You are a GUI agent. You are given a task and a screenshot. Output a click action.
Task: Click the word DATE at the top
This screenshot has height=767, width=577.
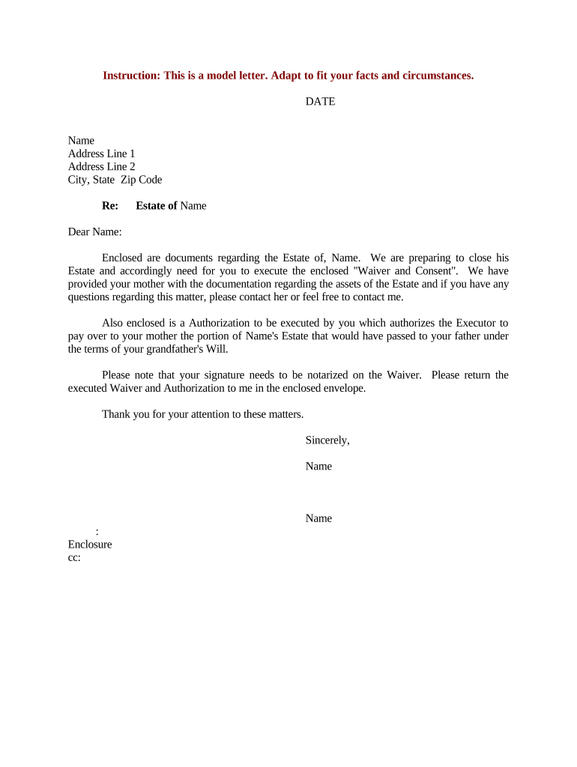click(x=320, y=102)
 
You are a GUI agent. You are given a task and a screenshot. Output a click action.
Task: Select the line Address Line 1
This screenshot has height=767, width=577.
click(x=101, y=154)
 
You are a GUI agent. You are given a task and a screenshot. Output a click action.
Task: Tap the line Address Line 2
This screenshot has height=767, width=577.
click(x=101, y=166)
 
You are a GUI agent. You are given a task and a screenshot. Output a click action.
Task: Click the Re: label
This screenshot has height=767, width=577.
click(x=110, y=206)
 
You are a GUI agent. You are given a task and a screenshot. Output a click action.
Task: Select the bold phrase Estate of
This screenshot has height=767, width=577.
click(x=156, y=206)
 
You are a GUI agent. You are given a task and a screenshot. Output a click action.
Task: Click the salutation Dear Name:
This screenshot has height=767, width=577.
click(x=94, y=232)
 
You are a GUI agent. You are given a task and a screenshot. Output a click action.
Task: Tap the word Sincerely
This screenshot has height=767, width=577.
click(x=327, y=440)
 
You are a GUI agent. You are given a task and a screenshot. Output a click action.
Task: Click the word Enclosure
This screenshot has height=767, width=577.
click(x=90, y=545)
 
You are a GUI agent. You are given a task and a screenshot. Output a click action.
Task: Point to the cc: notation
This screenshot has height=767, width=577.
click(x=74, y=557)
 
